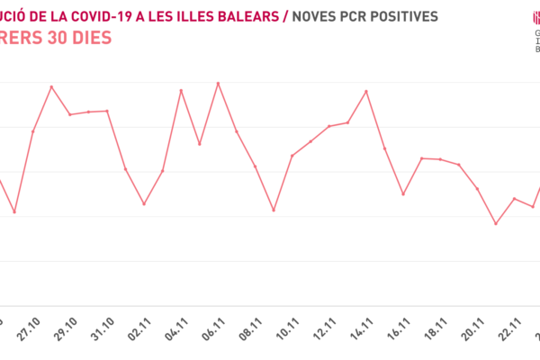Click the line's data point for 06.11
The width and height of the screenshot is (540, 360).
pos(218,83)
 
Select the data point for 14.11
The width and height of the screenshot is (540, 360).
pos(366,91)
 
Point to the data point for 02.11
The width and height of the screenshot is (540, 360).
pos(144,204)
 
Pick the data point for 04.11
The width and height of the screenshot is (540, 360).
pos(181,90)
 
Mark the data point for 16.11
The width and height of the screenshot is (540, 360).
pos(403,193)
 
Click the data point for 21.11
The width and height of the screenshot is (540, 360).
pos(496,223)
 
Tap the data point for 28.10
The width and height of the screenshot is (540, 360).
pos(51,86)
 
